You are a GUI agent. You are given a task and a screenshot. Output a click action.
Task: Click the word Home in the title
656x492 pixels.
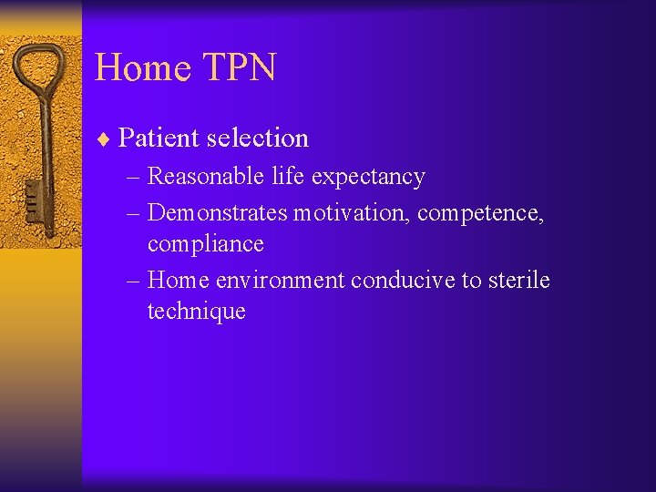click(141, 68)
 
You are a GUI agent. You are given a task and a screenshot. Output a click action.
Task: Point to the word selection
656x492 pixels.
click(258, 138)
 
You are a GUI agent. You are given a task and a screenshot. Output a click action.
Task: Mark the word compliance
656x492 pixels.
click(205, 245)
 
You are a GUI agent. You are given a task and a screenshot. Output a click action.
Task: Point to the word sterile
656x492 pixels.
click(518, 280)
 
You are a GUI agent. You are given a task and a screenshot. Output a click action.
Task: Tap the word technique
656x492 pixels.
click(196, 313)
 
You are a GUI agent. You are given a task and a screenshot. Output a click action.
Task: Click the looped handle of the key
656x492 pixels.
click(40, 73)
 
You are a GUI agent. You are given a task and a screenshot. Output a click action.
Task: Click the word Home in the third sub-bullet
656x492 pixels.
click(178, 280)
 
